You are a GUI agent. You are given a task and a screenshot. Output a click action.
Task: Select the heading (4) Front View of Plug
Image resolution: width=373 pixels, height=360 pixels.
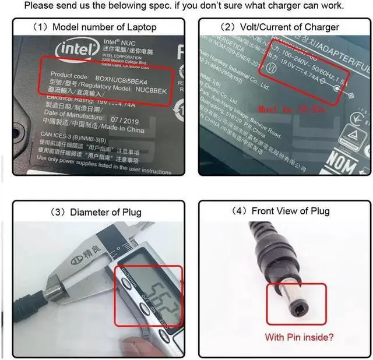pos(283,211)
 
